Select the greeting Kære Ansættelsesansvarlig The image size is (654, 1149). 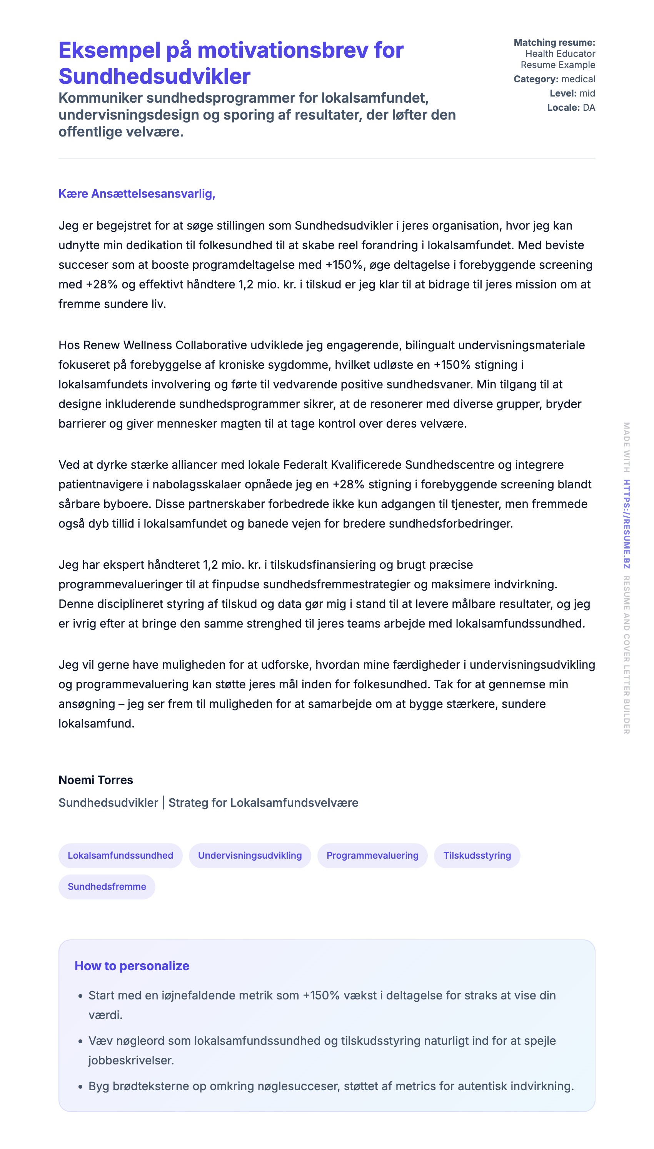(137, 193)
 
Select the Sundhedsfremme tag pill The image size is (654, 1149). (107, 886)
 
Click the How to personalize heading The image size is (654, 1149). (132, 966)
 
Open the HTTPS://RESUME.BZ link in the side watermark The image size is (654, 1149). (626, 524)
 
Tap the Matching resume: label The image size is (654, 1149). (554, 43)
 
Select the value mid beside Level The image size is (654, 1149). (587, 93)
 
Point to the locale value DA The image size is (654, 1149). (589, 108)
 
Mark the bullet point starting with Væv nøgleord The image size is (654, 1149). (80, 1041)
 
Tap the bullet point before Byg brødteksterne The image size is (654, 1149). (80, 1087)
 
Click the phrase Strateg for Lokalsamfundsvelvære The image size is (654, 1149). (263, 803)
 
